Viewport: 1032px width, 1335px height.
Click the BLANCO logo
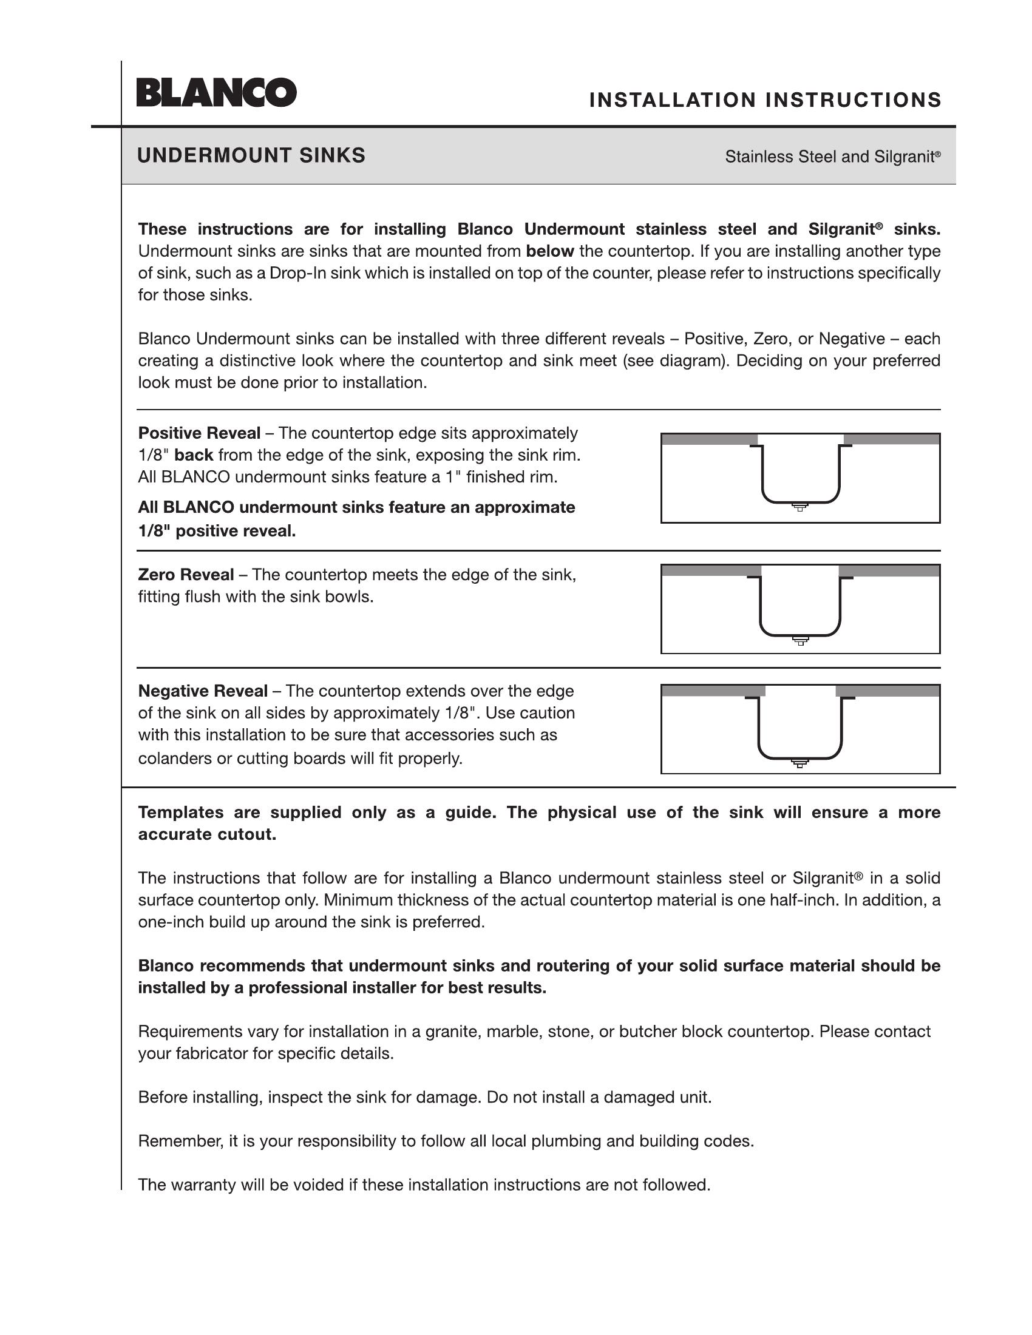[x=217, y=92]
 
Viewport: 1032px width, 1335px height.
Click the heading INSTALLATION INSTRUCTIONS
[x=765, y=100]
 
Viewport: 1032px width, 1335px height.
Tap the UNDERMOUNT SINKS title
[x=251, y=155]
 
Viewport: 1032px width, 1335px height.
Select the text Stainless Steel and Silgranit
[x=832, y=157]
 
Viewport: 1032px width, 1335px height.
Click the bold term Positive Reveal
[x=199, y=433]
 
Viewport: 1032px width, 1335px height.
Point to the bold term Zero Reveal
[x=186, y=575]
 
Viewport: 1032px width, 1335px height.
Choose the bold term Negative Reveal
[x=202, y=691]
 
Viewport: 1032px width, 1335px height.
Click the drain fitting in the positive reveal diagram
[x=799, y=507]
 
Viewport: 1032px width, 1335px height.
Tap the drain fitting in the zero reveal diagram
[x=800, y=640]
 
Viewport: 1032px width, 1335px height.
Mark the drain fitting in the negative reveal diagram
[x=799, y=762]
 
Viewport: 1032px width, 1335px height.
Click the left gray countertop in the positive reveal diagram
[x=709, y=439]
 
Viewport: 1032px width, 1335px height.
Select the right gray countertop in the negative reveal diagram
[x=888, y=691]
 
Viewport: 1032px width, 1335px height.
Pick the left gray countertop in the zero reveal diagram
[x=711, y=570]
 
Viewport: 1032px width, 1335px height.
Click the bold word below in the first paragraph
[x=550, y=251]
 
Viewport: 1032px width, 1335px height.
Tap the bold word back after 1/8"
[x=194, y=455]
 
